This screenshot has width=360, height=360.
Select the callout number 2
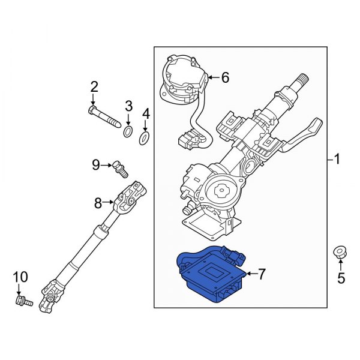click(94, 88)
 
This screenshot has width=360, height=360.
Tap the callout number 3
click(128, 107)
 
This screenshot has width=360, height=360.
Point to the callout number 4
click(145, 113)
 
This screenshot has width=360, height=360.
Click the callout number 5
click(341, 278)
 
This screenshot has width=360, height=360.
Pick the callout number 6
click(225, 77)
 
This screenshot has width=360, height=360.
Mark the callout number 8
click(98, 203)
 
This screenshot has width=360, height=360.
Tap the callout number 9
click(96, 163)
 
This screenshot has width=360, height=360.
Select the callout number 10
click(20, 277)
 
